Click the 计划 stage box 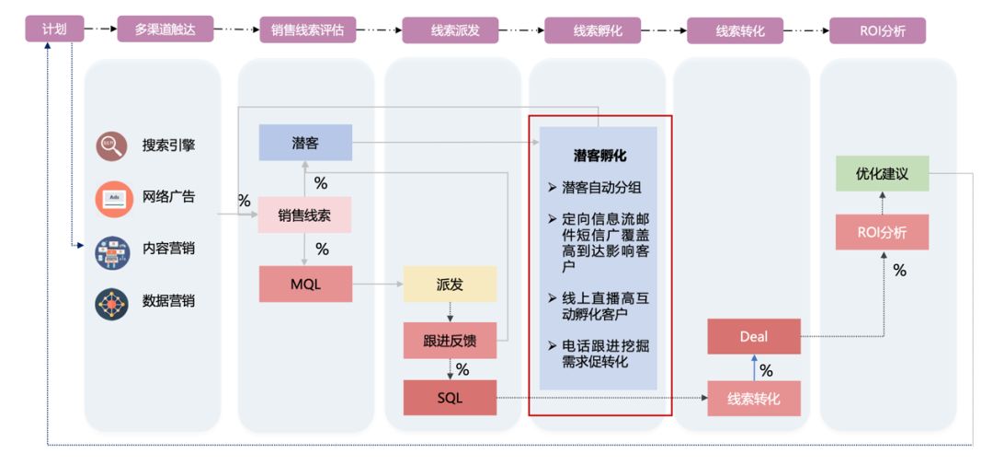[54, 29]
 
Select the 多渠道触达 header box [165, 29]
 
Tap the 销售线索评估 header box [307, 29]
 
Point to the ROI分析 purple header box [877, 29]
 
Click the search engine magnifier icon [112, 145]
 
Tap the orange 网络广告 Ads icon [112, 197]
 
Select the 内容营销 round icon [112, 250]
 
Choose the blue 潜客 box [305, 143]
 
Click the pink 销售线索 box [305, 215]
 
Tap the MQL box [305, 285]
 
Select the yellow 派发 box [450, 285]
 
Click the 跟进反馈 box [450, 341]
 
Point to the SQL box [450, 398]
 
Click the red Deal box [753, 336]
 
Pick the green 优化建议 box [882, 173]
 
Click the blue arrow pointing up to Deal [754, 368]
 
